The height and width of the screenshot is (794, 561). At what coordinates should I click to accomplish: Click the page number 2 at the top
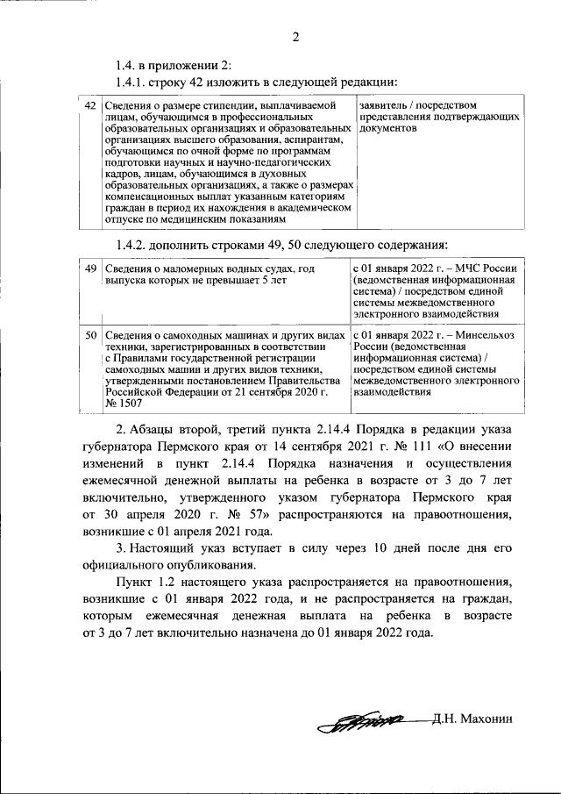pos(295,37)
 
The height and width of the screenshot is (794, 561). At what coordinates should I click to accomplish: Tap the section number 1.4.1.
pos(133,82)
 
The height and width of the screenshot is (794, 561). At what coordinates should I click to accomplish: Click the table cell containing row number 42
pos(89,106)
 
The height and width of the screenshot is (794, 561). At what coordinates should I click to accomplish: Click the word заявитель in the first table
pos(380,106)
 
